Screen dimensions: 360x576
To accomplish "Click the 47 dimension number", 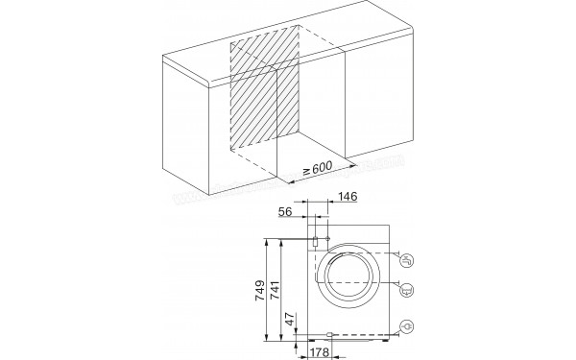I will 290,320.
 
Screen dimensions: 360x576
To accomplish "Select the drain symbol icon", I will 407,286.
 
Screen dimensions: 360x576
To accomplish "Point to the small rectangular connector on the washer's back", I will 315,241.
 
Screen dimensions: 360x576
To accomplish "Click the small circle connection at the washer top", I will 329,239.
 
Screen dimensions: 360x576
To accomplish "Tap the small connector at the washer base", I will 329,335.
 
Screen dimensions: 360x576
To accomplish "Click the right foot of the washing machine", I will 389,338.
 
